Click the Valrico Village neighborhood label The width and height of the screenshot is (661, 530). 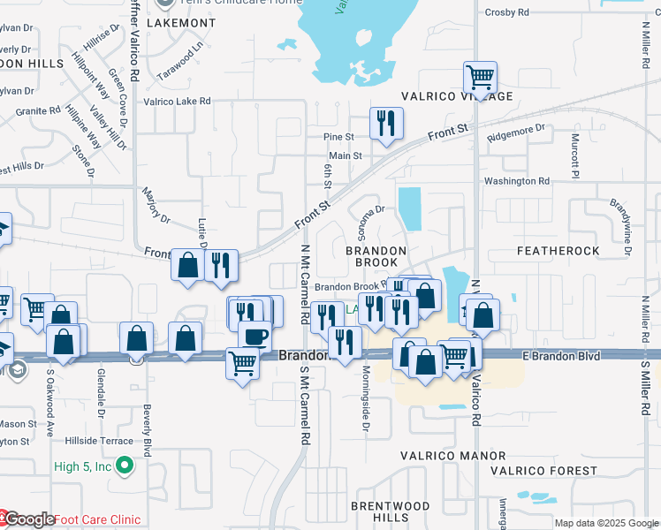pyautogui.click(x=456, y=96)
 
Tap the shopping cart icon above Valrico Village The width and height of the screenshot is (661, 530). pyautogui.click(x=480, y=78)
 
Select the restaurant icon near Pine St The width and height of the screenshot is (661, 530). pyautogui.click(x=386, y=124)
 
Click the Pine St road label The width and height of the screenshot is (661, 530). pyautogui.click(x=338, y=137)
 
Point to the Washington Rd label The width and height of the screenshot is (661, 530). pyautogui.click(x=516, y=181)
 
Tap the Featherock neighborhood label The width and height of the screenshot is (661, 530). pyautogui.click(x=558, y=251)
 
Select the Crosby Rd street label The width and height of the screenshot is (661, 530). pyautogui.click(x=507, y=12)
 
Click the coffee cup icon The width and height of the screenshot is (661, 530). pyautogui.click(x=255, y=337)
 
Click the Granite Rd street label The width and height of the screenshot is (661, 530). pyautogui.click(x=38, y=111)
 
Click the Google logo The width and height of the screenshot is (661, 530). pyautogui.click(x=27, y=519)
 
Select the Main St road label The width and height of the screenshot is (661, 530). pyautogui.click(x=346, y=155)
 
